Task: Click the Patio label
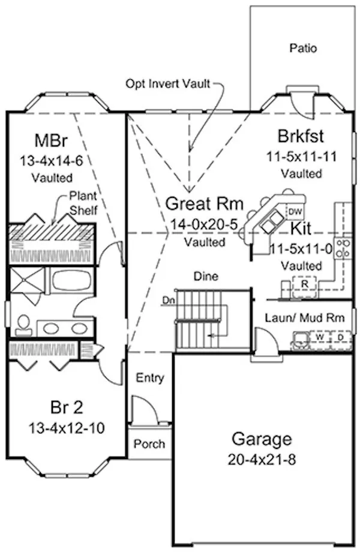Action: tap(303, 47)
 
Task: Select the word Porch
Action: tap(149, 444)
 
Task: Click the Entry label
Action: tap(150, 378)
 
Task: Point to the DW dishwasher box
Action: tap(295, 211)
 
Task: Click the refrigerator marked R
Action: tap(305, 282)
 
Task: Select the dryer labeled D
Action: tap(340, 337)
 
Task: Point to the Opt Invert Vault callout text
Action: tap(168, 83)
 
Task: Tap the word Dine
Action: tap(205, 277)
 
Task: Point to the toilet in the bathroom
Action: tap(24, 325)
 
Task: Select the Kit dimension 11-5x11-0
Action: tap(302, 249)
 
